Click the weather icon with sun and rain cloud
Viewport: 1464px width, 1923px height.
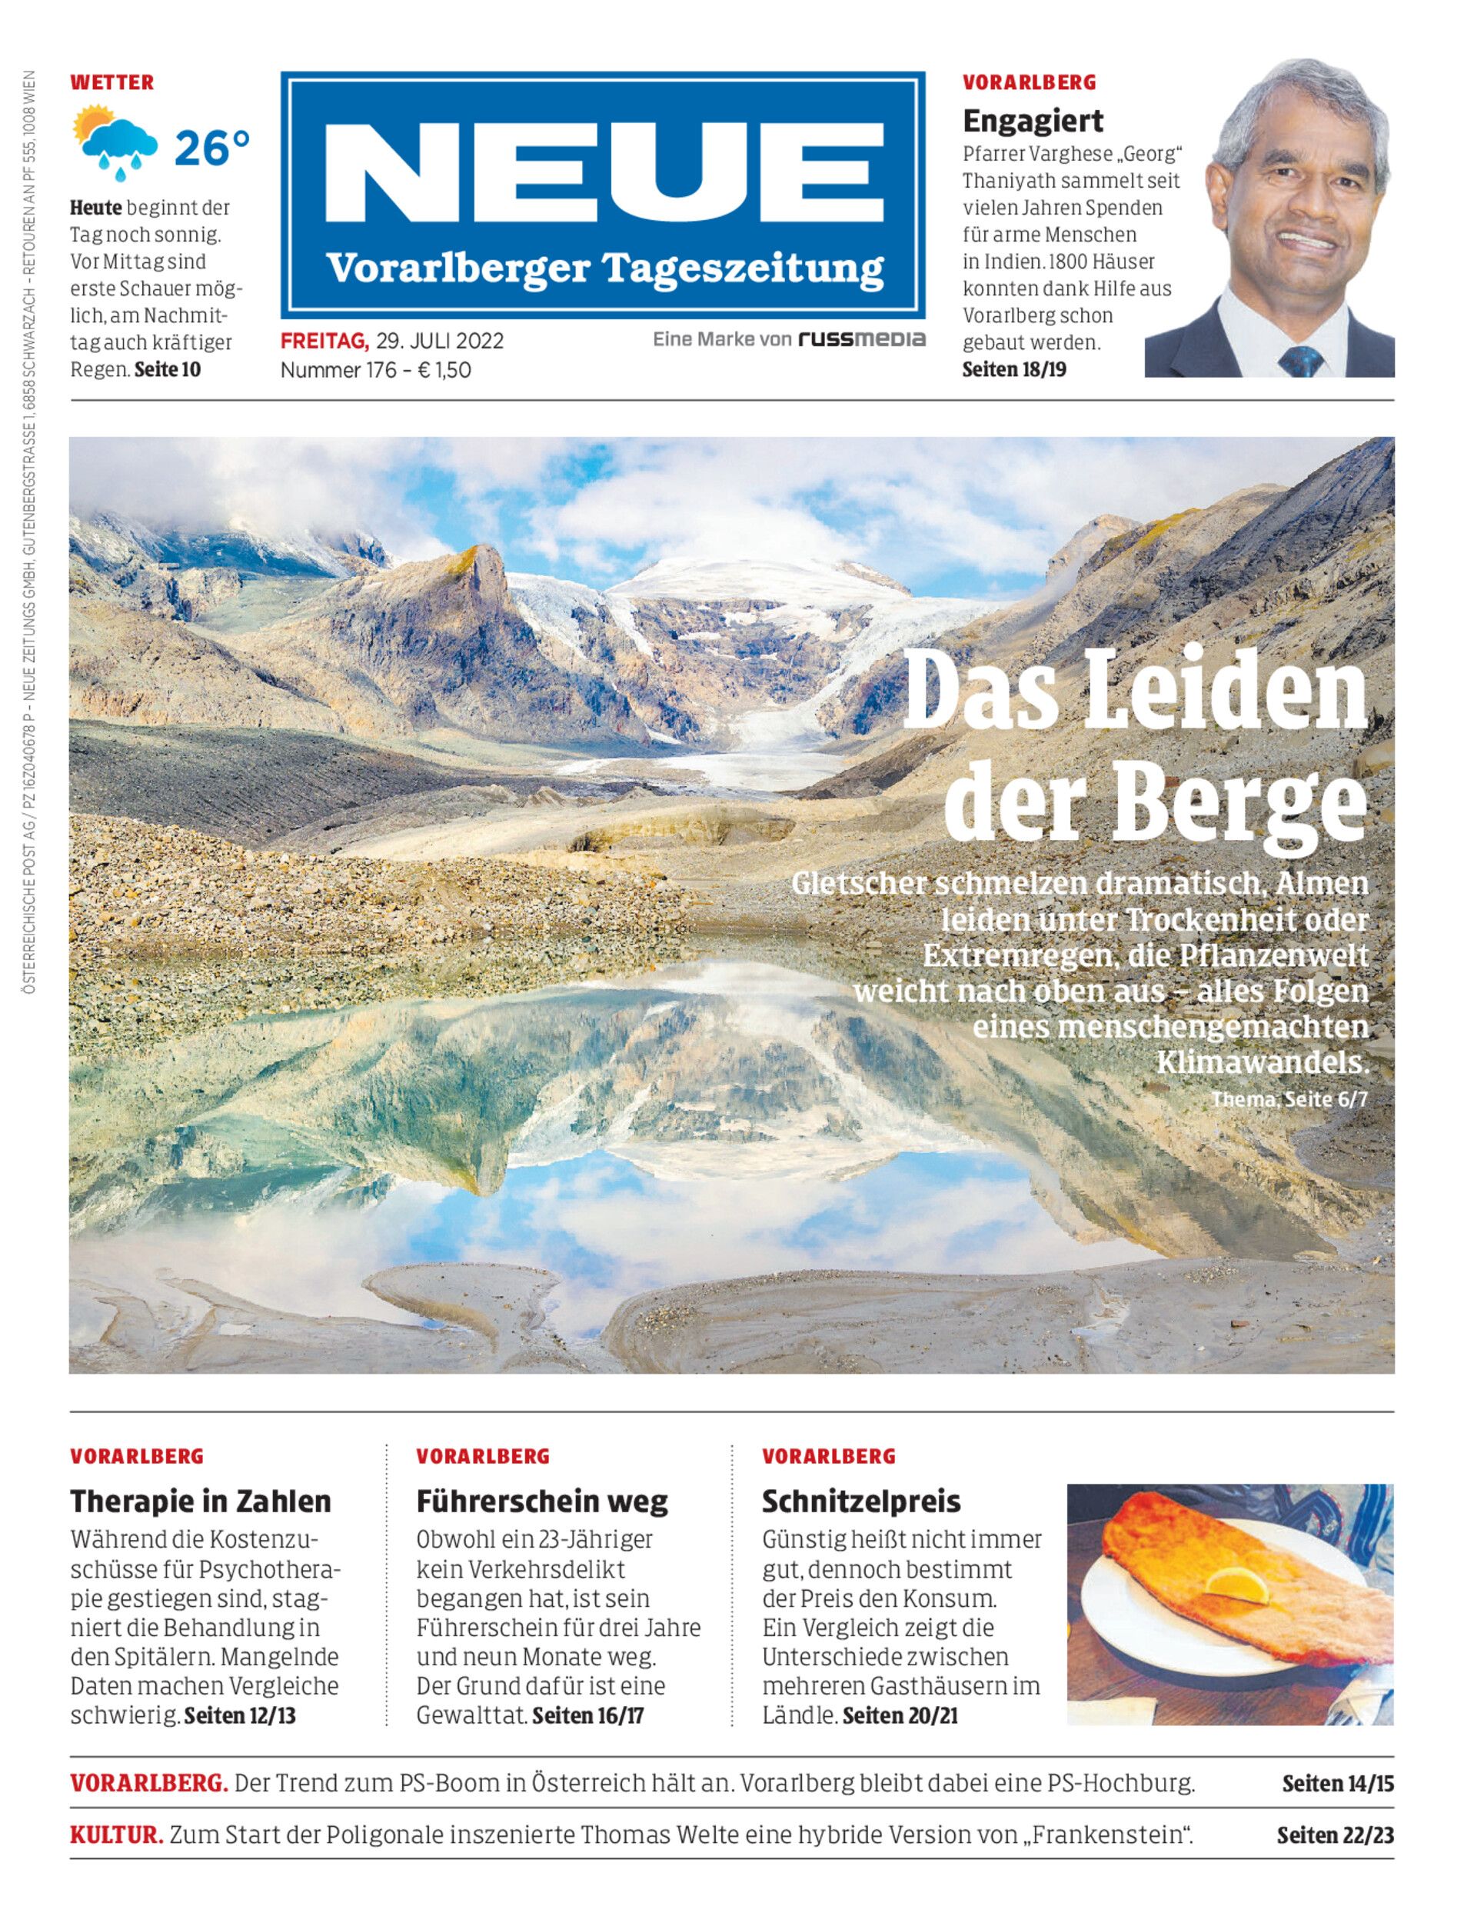[116, 142]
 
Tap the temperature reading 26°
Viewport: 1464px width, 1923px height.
[211, 148]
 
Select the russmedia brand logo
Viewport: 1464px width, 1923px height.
[862, 339]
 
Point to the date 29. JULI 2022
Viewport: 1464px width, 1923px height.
[439, 340]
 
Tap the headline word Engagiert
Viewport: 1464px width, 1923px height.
[1033, 120]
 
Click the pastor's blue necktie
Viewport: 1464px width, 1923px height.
[1303, 360]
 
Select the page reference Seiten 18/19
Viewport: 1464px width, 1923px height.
[1013, 368]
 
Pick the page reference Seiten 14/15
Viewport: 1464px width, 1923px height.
[1338, 1784]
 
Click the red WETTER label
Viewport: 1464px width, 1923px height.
[111, 83]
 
